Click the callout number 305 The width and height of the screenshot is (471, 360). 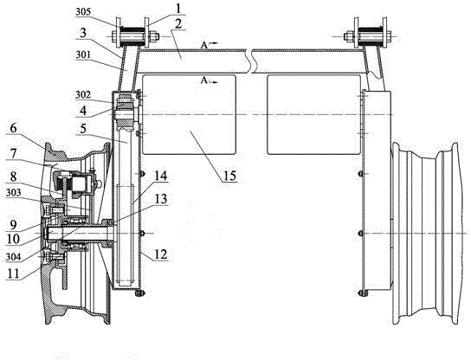click(84, 12)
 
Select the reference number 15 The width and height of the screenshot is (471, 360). click(229, 176)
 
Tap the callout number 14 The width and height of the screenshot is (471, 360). click(160, 176)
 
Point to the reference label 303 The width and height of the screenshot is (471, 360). click(14, 192)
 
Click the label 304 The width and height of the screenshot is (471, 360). click(14, 257)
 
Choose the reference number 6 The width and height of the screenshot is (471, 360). click(13, 128)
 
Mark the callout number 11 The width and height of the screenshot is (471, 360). click(13, 273)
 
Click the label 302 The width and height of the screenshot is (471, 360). click(83, 95)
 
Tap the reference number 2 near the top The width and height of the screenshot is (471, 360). click(178, 24)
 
